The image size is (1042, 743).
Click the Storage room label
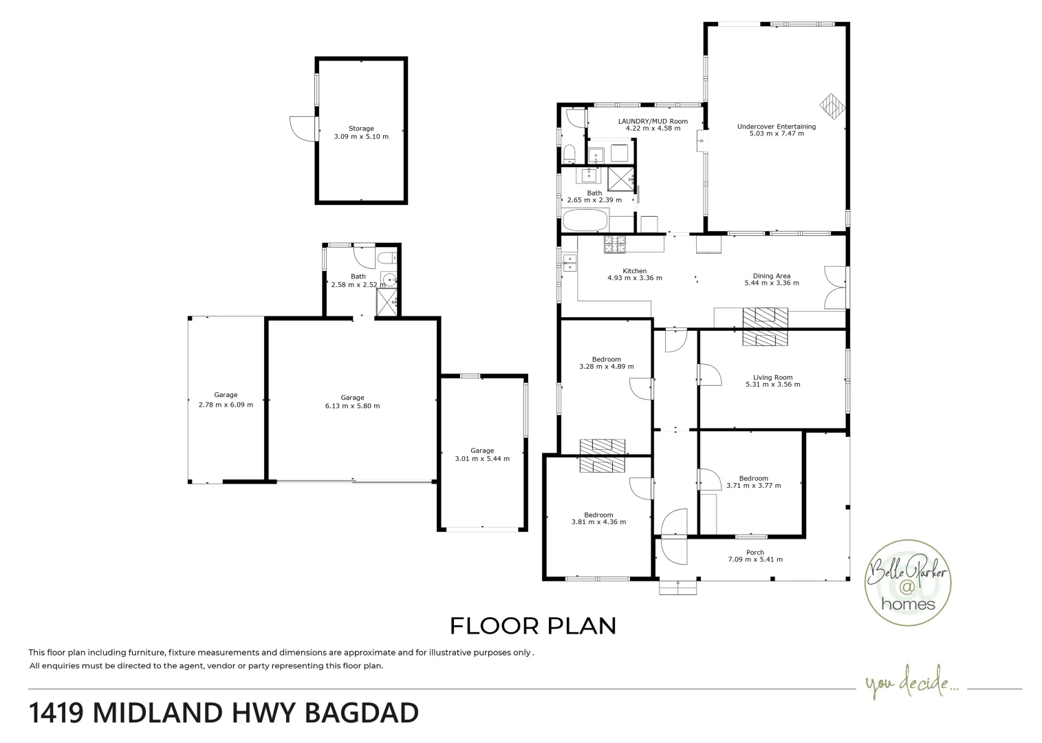pos(360,129)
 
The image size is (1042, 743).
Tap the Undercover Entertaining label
pos(776,126)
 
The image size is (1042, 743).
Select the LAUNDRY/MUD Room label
pos(652,121)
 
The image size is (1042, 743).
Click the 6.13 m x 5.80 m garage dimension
pos(352,406)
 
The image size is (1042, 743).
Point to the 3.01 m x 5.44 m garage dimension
pos(482,459)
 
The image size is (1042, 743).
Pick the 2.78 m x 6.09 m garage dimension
pos(226,405)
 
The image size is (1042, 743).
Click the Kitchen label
pos(634,271)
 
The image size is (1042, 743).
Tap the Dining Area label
pos(771,276)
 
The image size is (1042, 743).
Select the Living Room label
pos(772,377)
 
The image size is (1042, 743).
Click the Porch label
pos(755,552)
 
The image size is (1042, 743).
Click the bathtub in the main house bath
pos(585,222)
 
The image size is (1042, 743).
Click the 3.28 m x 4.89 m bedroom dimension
pos(606,367)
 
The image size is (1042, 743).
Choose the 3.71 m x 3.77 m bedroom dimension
pos(753,486)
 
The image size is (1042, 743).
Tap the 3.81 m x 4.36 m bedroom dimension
pos(598,522)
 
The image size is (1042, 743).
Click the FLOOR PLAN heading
pos(532,626)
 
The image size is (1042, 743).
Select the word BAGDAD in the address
pos(361,713)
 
